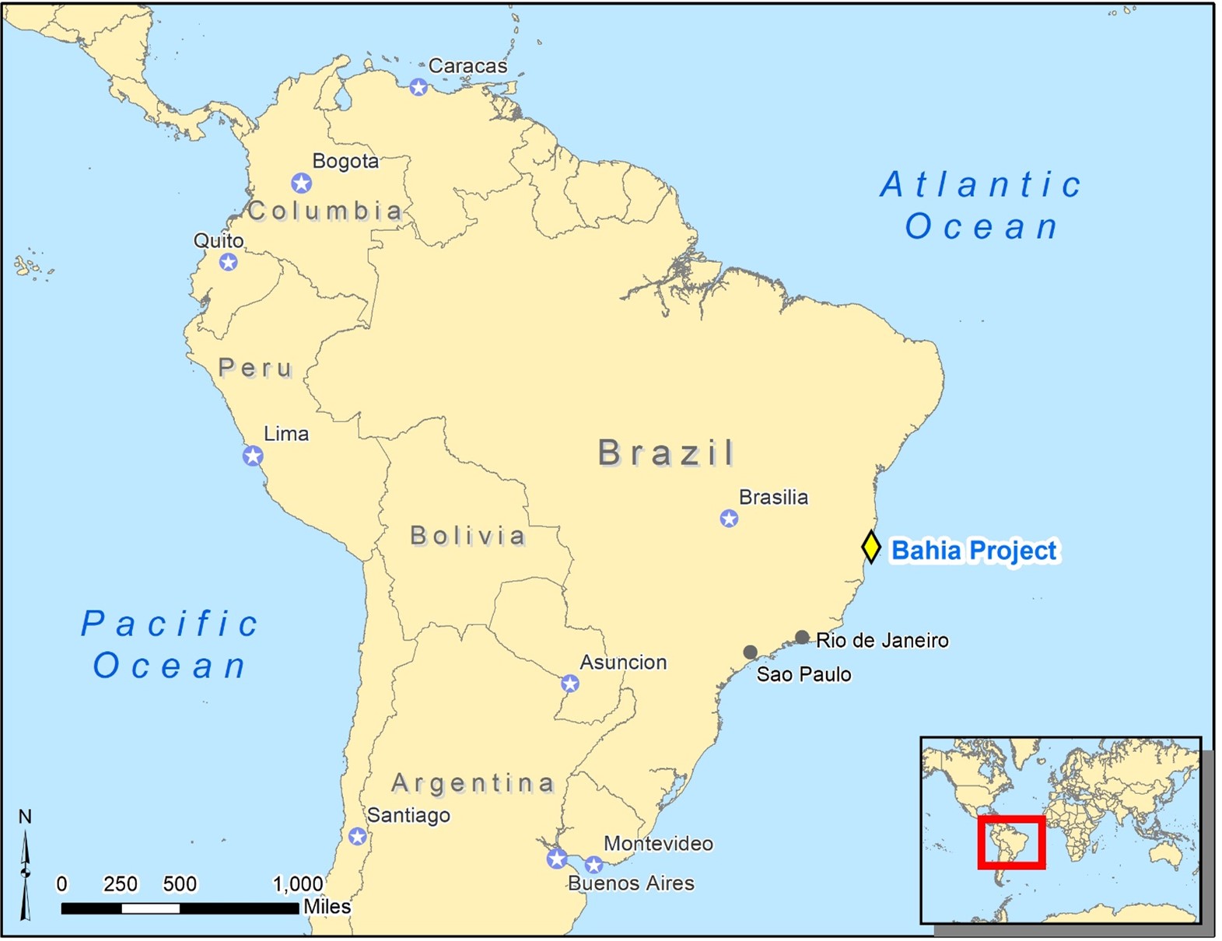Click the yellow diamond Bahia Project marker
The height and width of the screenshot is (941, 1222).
tap(871, 547)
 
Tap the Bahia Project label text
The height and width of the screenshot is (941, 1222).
tap(973, 551)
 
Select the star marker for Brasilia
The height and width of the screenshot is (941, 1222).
tap(729, 518)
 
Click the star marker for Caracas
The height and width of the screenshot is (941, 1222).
tap(418, 87)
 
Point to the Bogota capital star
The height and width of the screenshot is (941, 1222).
tap(301, 183)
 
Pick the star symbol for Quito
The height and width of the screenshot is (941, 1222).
tap(228, 262)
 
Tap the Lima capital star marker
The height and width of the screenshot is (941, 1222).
tap(252, 456)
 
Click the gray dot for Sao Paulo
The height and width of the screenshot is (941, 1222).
tap(750, 652)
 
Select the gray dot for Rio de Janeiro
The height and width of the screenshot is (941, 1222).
tap(802, 638)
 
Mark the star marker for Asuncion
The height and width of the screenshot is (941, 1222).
tap(570, 684)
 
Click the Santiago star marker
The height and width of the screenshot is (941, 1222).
tap(357, 837)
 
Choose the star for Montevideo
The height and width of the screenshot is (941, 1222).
tap(593, 865)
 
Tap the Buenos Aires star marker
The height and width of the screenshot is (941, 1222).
tap(556, 859)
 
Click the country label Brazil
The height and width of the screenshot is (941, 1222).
tap(666, 453)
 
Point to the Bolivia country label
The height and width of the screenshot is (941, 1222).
tap(467, 536)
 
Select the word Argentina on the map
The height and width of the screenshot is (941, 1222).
tap(473, 783)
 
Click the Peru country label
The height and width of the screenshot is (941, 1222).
tap(255, 368)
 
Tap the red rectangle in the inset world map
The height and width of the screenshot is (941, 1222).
tap(1011, 842)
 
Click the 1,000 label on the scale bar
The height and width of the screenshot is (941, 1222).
tap(297, 884)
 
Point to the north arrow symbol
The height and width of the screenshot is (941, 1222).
tap(25, 871)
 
